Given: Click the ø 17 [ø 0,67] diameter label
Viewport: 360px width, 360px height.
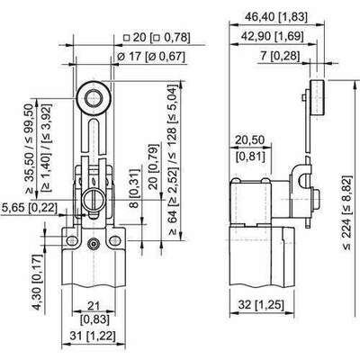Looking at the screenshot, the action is pyautogui.click(x=151, y=56).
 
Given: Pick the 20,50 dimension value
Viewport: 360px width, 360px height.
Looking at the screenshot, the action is pyautogui.click(x=250, y=139).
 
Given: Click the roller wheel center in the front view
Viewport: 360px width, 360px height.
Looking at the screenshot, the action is pyautogui.click(x=94, y=99).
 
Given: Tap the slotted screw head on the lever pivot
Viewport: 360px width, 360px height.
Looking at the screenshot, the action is pyautogui.click(x=93, y=201).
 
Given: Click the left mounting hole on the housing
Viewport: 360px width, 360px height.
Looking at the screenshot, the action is pyautogui.click(x=71, y=240).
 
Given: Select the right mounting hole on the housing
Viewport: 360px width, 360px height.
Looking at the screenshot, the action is pyautogui.click(x=115, y=240).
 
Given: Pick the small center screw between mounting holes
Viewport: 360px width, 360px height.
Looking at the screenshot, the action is pyautogui.click(x=94, y=244).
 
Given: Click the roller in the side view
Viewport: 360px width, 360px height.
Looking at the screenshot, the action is pyautogui.click(x=318, y=98).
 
